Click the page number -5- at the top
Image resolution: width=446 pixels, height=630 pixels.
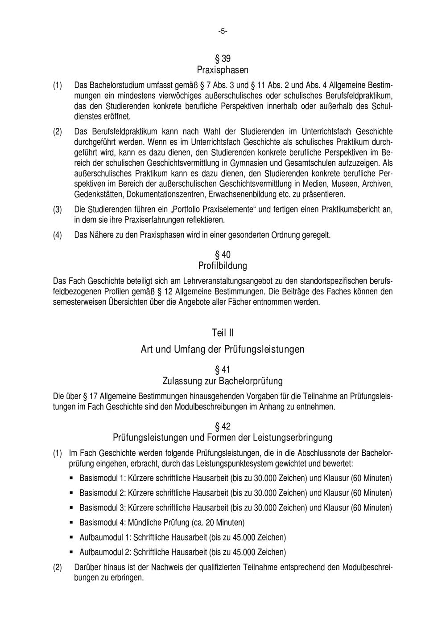coord(223,31)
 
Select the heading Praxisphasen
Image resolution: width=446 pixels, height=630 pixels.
coord(223,70)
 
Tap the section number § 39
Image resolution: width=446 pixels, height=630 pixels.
coord(223,59)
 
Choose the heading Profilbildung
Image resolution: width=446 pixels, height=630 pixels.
coord(223,266)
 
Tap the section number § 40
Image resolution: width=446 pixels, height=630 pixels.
coord(223,255)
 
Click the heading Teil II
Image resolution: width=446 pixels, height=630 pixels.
coord(223,333)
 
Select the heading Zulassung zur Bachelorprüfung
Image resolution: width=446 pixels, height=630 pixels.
coord(223,381)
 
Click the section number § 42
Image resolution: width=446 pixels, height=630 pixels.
coord(223,426)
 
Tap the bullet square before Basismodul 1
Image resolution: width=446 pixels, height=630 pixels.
coord(71,479)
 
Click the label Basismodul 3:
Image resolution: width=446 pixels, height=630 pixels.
coord(103,508)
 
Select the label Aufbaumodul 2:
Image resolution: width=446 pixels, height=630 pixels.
coord(105,552)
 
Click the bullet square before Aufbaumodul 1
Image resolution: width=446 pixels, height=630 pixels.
coord(71,537)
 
